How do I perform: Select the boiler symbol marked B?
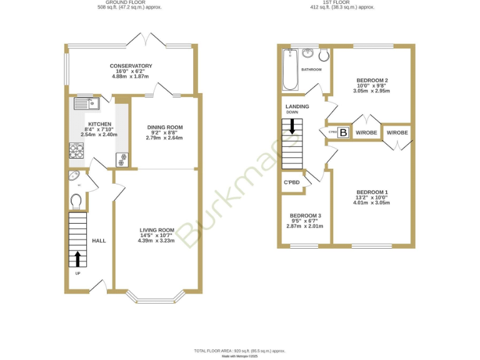tap(342, 132)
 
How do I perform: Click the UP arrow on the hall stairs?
tap(77, 258)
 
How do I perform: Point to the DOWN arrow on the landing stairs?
tap(292, 126)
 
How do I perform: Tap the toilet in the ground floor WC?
tap(76, 201)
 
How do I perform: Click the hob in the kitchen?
tap(76, 151)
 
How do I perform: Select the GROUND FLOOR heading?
tap(131, 3)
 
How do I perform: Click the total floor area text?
tap(239, 351)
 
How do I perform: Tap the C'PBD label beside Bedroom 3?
tap(292, 182)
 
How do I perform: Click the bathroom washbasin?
tap(309, 54)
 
